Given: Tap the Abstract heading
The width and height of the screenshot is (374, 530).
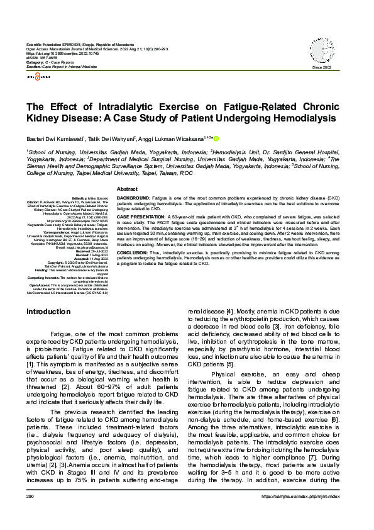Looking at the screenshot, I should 128,189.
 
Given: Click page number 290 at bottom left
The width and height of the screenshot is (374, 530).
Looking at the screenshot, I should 30,514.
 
